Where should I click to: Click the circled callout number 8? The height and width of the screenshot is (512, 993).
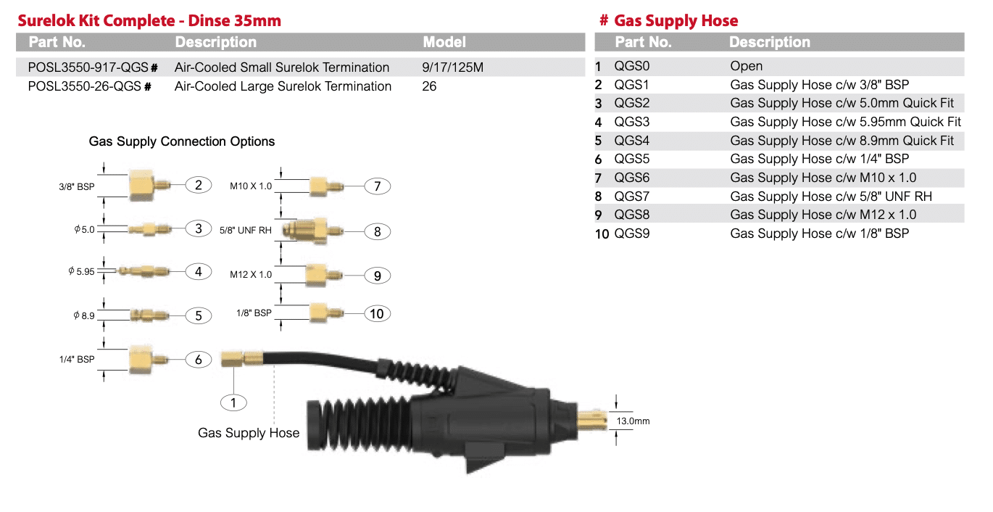(x=377, y=231)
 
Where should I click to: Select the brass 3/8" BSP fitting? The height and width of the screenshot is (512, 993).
(x=149, y=185)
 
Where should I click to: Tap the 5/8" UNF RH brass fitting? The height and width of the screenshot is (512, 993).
(x=312, y=231)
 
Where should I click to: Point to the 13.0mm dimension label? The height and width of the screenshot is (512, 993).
(x=633, y=421)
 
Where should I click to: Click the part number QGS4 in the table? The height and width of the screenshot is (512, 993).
(x=632, y=141)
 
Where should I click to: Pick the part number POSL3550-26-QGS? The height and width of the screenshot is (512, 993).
(x=84, y=86)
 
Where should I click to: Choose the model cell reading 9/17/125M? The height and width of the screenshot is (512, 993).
(x=452, y=67)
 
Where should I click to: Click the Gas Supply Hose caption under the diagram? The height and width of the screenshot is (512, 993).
(x=248, y=432)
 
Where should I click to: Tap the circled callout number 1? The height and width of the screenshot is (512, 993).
(x=233, y=403)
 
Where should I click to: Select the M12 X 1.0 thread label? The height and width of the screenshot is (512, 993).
(x=251, y=275)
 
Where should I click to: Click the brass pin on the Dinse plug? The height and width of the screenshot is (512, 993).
(x=591, y=420)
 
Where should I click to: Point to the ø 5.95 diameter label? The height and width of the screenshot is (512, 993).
(x=81, y=271)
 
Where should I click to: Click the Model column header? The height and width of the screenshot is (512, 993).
(x=444, y=42)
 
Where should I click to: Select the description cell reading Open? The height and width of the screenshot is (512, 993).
(x=746, y=66)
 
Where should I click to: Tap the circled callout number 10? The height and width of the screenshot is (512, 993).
(x=377, y=314)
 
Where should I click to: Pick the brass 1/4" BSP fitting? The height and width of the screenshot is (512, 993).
(x=149, y=359)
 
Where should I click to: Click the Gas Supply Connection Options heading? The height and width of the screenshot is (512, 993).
(x=182, y=141)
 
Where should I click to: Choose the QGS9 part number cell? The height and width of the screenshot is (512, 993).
(x=632, y=234)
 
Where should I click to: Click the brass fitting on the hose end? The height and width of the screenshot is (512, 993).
(x=242, y=358)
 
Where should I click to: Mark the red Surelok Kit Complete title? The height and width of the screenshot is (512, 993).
(x=149, y=20)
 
